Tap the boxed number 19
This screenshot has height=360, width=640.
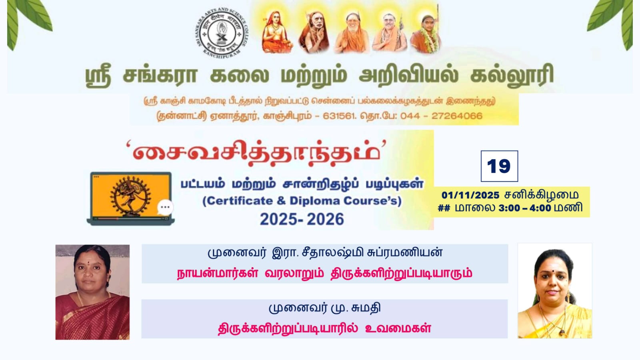[499, 166]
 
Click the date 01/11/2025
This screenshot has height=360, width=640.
[470, 195]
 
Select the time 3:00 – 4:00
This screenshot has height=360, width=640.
[524, 208]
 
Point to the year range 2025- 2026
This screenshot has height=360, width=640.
[302, 219]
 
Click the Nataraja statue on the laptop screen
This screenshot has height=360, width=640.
[130, 196]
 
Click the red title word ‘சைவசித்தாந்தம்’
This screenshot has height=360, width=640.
[256, 153]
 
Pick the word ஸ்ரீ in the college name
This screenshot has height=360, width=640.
[98, 76]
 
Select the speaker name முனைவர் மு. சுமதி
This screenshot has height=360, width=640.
[324, 308]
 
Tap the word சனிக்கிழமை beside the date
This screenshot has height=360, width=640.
[542, 195]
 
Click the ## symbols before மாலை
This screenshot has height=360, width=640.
[444, 208]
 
